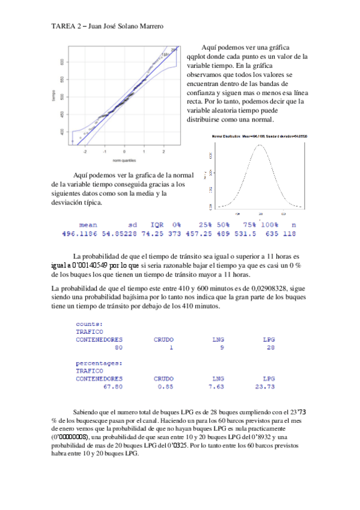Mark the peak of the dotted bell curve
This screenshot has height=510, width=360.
260,145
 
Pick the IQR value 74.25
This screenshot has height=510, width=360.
155,233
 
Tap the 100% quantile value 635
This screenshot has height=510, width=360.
267,233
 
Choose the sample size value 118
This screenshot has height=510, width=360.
289,233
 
